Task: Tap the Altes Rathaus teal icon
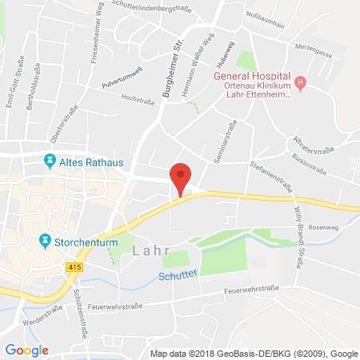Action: (49, 160)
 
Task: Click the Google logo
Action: (26, 350)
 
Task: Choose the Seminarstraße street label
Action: (226, 143)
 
